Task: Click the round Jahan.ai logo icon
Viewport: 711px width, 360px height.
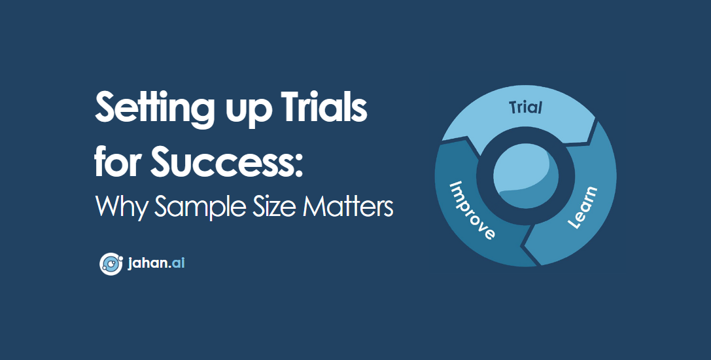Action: pyautogui.click(x=110, y=264)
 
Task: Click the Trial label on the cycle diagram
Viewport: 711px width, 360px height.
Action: pyautogui.click(x=525, y=107)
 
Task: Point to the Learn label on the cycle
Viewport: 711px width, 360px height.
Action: pyautogui.click(x=582, y=207)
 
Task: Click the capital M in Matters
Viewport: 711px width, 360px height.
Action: pyautogui.click(x=316, y=206)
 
